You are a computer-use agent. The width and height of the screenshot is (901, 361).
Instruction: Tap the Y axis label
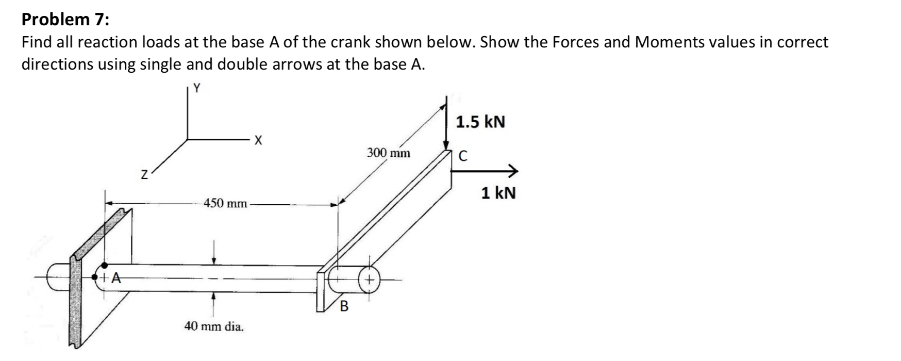coord(196,88)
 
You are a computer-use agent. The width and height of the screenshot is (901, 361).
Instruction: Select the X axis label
coord(258,140)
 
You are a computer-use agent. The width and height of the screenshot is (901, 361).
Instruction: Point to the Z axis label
coord(145,176)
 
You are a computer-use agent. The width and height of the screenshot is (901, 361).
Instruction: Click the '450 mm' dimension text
coord(225,203)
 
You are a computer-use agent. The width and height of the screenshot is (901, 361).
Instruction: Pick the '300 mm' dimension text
coord(389,153)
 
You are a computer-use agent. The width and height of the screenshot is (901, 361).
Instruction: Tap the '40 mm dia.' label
coord(214,326)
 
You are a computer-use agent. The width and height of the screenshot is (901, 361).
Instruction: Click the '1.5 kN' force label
coord(480,122)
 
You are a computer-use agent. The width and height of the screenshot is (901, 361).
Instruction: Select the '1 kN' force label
coord(498,193)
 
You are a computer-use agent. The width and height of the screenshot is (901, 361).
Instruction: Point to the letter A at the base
coord(116,279)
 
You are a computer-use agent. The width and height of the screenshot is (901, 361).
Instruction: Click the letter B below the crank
coord(344,307)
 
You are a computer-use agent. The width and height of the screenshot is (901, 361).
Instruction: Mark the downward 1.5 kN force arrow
coord(446,124)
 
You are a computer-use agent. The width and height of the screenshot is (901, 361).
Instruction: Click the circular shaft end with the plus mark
coord(370,280)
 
